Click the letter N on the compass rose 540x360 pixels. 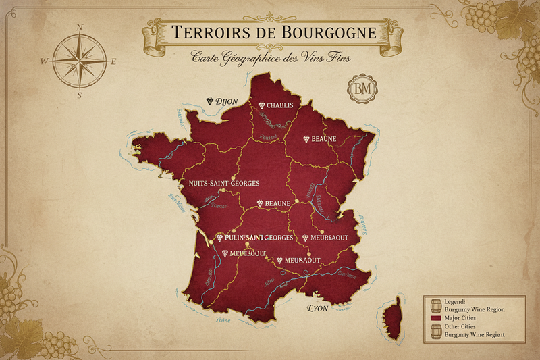click(x=80, y=28)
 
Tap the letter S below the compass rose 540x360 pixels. click(x=80, y=95)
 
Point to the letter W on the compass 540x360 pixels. click(x=45, y=61)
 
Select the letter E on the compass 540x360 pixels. click(x=113, y=61)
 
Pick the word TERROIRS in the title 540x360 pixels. click(x=205, y=32)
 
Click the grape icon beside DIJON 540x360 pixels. click(x=211, y=101)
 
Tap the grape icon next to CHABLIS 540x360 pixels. click(x=261, y=105)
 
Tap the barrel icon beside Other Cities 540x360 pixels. click(x=435, y=330)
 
